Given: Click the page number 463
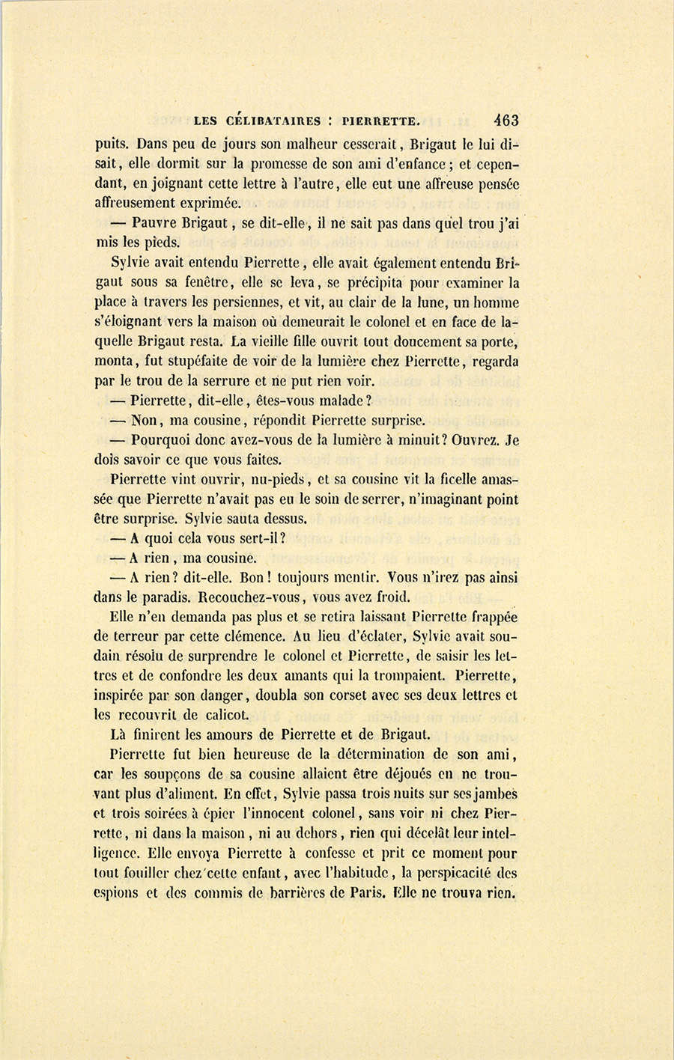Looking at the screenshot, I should tap(506, 120).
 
